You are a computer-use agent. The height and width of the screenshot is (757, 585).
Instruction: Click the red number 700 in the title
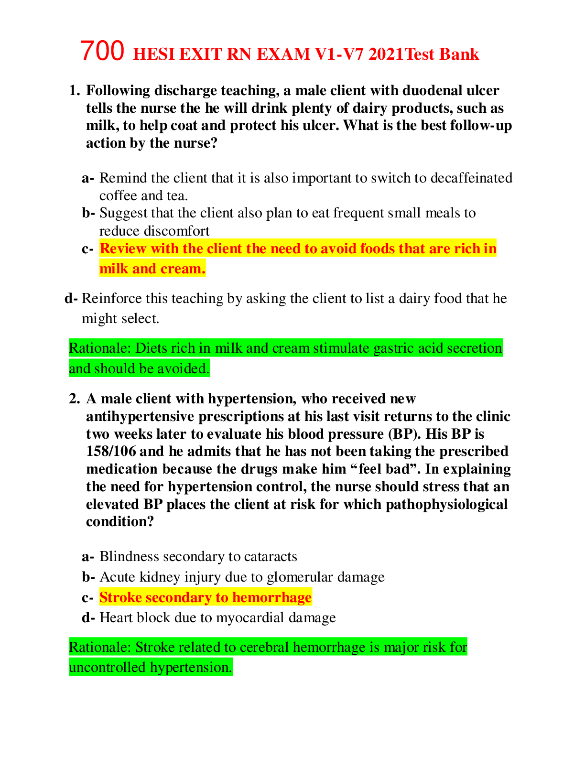pos(102,51)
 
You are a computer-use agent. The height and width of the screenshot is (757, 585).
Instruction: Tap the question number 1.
pos(74,90)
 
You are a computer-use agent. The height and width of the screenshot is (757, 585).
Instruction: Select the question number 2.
pos(74,399)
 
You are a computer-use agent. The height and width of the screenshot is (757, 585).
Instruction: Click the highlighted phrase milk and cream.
pos(152,269)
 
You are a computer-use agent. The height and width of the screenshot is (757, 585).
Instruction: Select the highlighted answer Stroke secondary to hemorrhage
pos(206,597)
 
